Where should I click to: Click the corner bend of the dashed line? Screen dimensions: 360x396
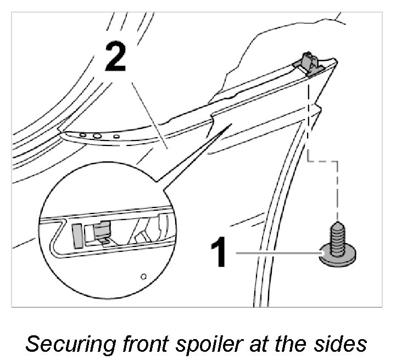coord(309,161)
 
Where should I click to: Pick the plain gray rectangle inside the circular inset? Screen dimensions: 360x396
coord(77,233)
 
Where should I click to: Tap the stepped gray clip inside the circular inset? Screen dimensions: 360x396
coord(100,232)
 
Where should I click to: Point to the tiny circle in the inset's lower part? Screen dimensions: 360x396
coord(143,275)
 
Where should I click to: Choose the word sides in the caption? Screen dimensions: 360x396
coord(342,344)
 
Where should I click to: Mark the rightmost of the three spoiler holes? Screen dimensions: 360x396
coord(116,136)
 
